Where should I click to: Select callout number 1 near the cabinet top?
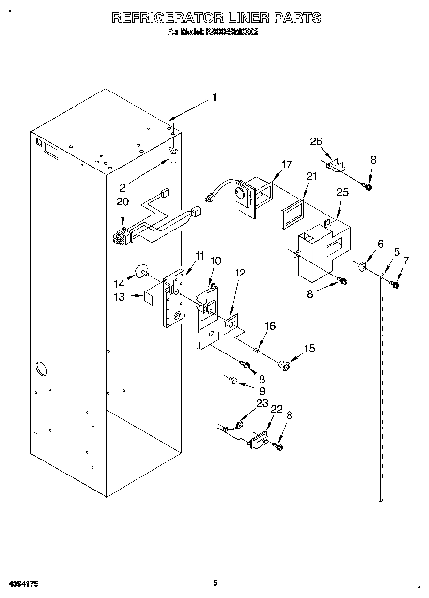click(214, 98)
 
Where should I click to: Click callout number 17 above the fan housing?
click(287, 164)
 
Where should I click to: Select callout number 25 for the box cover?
click(342, 192)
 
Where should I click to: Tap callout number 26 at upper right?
click(316, 141)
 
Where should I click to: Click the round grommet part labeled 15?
click(284, 365)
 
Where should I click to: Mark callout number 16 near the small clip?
click(270, 326)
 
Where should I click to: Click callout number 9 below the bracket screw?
click(262, 390)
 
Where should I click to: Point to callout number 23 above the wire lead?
click(262, 403)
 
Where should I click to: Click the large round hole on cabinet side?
click(41, 368)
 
